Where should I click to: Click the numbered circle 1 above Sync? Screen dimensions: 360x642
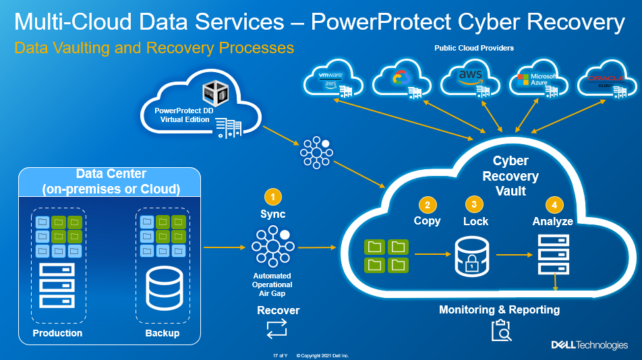(x=272, y=197)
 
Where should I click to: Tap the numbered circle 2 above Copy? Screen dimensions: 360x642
(x=426, y=204)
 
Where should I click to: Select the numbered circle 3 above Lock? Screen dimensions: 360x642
(x=475, y=204)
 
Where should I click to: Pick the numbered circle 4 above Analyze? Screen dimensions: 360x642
(x=554, y=204)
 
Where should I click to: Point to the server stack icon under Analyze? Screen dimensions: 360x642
(x=554, y=255)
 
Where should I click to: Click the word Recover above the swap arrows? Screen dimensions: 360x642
(x=278, y=311)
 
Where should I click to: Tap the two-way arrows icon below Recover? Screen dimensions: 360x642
(x=277, y=328)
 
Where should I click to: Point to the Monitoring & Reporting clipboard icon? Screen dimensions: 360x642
(x=500, y=331)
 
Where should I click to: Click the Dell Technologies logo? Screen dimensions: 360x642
(x=589, y=344)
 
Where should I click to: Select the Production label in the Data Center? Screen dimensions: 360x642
(x=57, y=333)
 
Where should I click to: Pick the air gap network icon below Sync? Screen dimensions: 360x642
(x=272, y=247)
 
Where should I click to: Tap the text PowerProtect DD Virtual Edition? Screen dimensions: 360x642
(x=185, y=115)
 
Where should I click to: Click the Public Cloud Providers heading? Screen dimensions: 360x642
(x=475, y=49)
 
